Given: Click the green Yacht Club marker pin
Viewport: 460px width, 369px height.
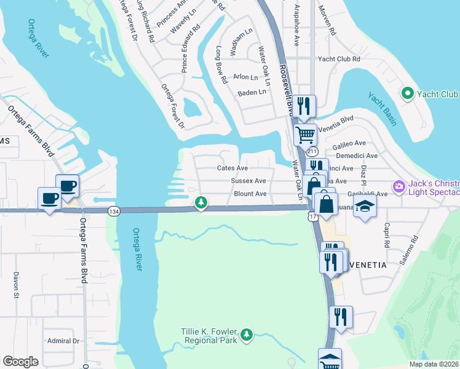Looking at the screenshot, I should [x=406, y=93].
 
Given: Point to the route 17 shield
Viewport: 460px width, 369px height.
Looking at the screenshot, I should [x=313, y=216].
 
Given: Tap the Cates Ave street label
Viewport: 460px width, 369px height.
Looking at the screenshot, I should [x=232, y=168].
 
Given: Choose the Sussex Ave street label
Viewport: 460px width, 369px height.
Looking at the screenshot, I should [x=248, y=181].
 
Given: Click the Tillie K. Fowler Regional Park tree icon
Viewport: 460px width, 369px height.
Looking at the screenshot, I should [x=247, y=334].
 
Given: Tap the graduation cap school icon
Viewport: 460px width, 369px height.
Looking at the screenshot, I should [x=365, y=206].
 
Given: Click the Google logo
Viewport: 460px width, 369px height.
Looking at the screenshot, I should [x=20, y=362].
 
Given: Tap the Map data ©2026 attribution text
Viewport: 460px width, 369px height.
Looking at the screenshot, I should [x=433, y=364].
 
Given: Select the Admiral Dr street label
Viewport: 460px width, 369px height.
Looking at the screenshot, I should [x=64, y=341].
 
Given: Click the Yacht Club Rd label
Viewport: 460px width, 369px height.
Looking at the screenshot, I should [x=338, y=59].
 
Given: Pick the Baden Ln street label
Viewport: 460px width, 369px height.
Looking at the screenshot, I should [x=252, y=93].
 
